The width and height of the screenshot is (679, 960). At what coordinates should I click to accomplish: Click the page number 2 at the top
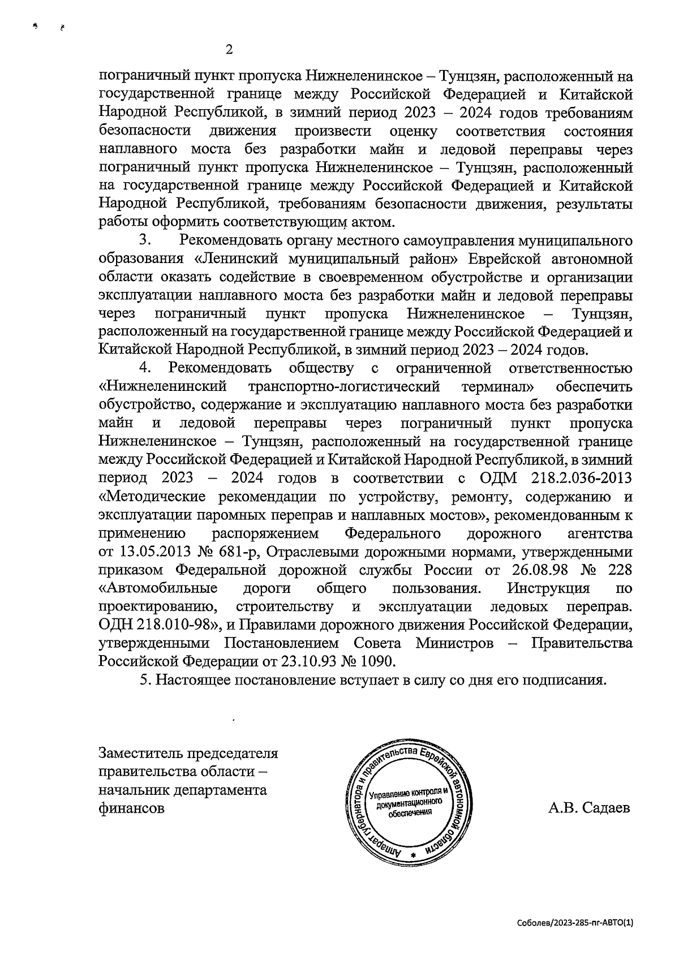[x=229, y=50]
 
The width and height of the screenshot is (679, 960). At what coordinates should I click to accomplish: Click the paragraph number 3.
[x=144, y=241]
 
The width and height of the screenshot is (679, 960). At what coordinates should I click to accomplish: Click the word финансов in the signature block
[x=132, y=808]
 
